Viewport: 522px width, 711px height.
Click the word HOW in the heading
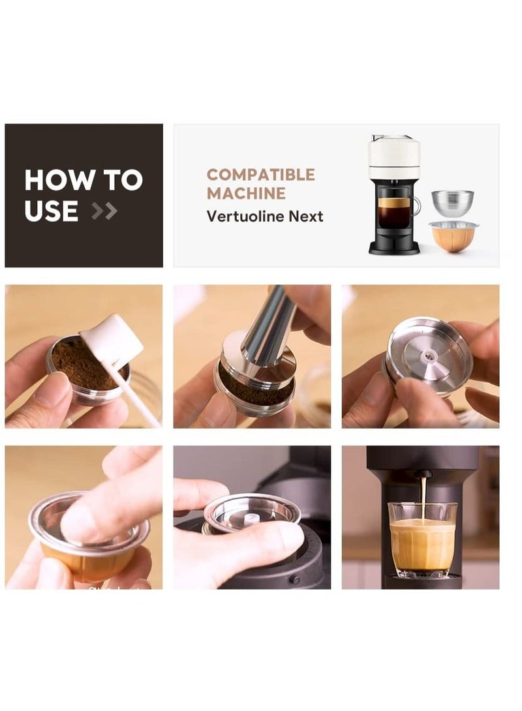coord(50,180)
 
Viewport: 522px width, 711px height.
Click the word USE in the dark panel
coord(51,211)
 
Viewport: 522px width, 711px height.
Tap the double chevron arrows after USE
coord(104,211)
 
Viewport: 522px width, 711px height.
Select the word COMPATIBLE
coord(260,175)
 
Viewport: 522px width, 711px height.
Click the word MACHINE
coord(245,193)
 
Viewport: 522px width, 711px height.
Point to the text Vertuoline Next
coord(264,216)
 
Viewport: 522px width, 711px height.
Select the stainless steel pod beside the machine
coord(453,204)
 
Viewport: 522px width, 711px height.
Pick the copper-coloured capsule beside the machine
coord(452,236)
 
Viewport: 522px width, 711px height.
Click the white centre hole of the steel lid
coord(429,355)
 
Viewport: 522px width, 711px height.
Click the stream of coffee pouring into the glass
coord(423,496)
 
